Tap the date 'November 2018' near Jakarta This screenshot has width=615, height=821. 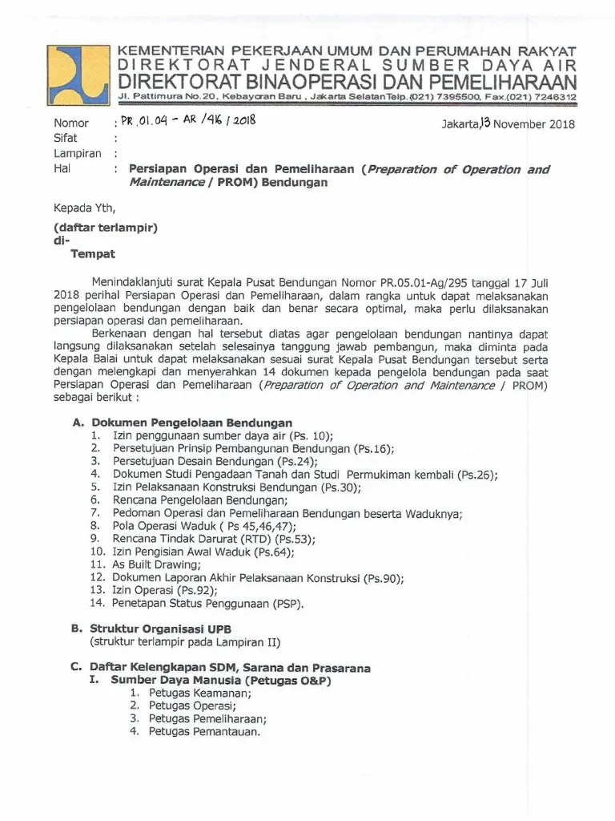(533, 123)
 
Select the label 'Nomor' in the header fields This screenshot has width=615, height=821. (71, 124)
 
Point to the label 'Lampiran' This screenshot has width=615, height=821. (77, 154)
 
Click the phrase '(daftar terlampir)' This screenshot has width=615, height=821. (105, 227)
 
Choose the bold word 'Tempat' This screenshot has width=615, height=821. (93, 254)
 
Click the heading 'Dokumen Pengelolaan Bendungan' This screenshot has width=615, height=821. (191, 423)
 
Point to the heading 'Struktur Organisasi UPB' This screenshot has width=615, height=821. (161, 629)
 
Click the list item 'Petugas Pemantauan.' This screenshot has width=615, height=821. (205, 732)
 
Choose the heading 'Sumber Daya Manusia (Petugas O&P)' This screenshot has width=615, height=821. (220, 680)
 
